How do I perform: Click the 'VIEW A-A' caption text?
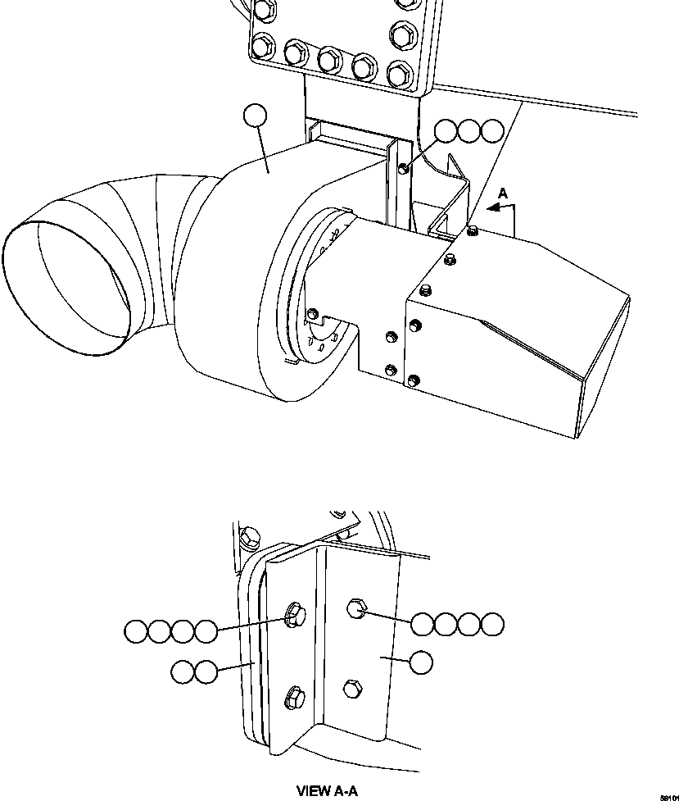point(327,791)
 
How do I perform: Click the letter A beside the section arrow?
point(504,193)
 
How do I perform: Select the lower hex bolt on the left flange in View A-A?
point(294,699)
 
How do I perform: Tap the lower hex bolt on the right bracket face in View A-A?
point(353,688)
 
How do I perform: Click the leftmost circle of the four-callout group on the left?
point(136,631)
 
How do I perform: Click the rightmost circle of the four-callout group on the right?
point(492,624)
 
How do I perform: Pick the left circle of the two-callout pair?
point(183,672)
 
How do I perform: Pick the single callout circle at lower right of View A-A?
point(421,662)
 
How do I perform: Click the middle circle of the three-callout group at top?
point(469,131)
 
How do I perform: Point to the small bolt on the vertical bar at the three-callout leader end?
point(403,170)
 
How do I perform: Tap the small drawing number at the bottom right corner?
point(668,795)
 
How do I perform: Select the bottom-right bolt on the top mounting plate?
point(399,74)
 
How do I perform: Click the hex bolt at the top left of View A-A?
point(250,538)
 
